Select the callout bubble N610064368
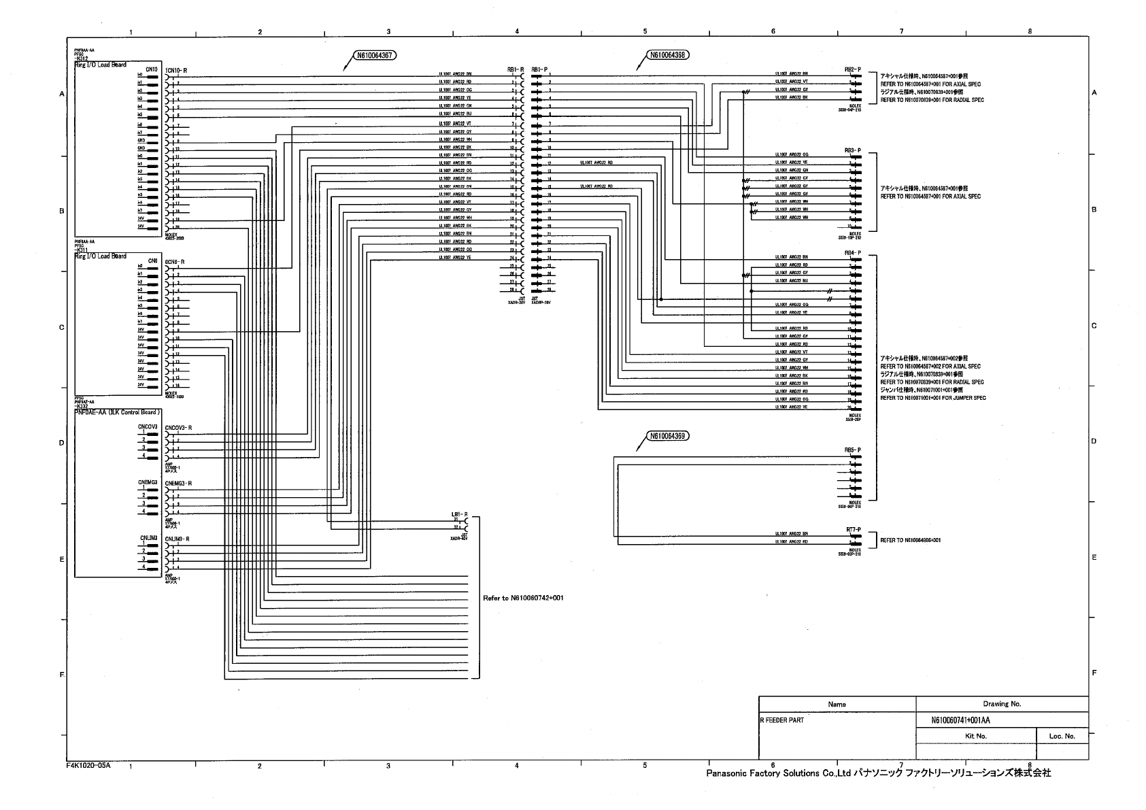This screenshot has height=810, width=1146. tap(667, 56)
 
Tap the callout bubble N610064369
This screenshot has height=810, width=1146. tap(667, 437)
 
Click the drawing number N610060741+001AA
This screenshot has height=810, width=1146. tap(961, 720)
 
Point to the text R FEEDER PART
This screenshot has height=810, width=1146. tap(782, 720)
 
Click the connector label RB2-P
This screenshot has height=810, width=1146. tap(852, 69)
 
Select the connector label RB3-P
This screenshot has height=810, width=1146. tap(852, 150)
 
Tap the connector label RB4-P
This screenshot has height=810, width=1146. tap(852, 253)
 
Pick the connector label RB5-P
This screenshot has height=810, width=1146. tap(852, 450)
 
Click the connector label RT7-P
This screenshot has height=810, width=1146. tap(853, 529)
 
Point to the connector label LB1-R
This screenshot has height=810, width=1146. tap(459, 514)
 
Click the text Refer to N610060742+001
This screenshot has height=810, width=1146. tap(523, 598)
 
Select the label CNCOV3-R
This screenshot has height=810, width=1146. tap(179, 428)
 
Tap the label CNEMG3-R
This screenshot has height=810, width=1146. tap(179, 484)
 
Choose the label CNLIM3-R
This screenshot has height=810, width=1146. tap(178, 539)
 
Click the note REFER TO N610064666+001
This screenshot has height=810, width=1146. tap(911, 540)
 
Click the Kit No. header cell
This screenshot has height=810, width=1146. tap(975, 736)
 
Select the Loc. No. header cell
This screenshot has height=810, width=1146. tap(1061, 736)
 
